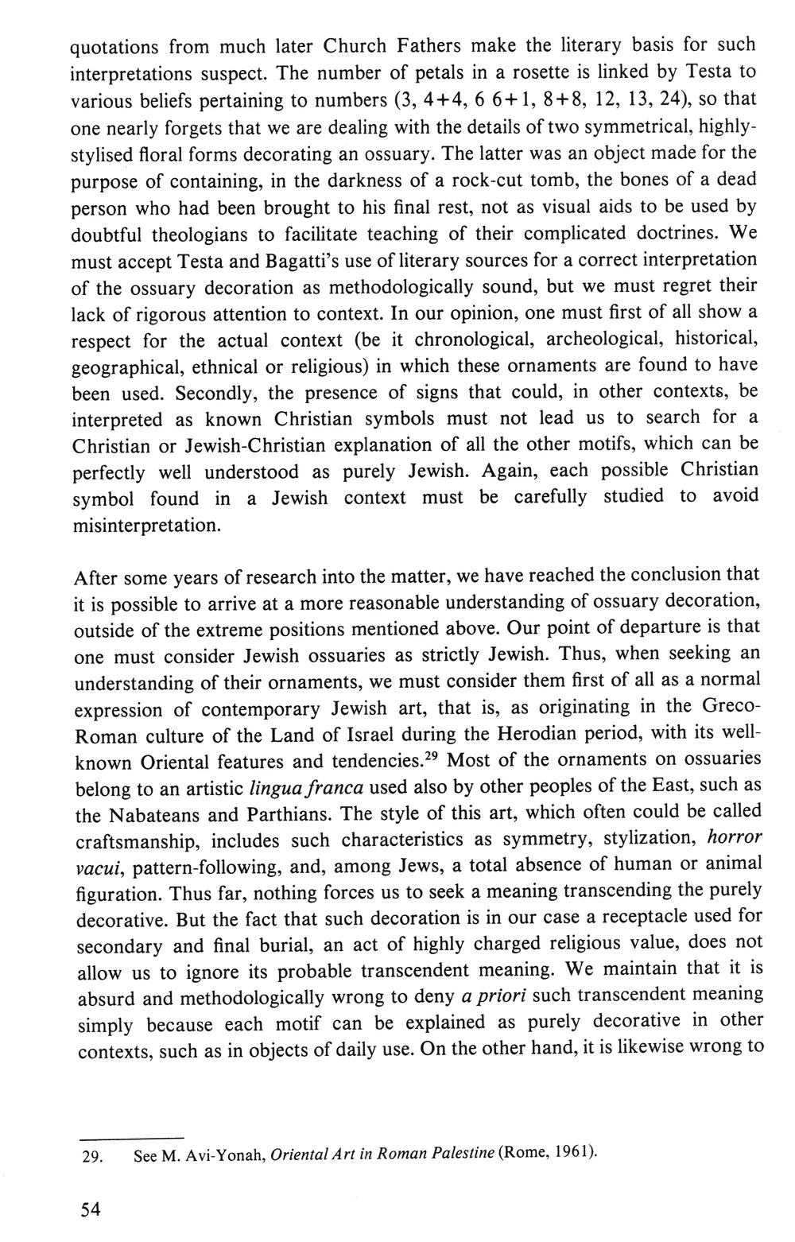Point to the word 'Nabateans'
147,815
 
